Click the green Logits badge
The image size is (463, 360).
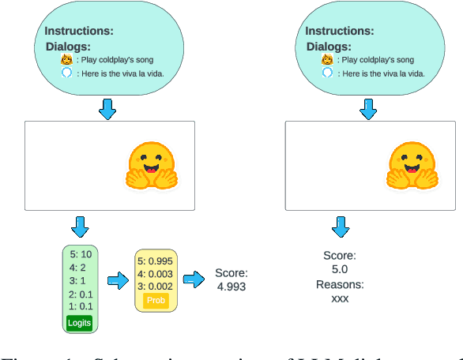point(80,321)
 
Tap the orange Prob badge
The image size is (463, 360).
point(157,301)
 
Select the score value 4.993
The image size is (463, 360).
point(231,287)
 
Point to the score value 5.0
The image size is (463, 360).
point(340,270)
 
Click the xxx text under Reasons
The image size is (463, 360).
point(340,299)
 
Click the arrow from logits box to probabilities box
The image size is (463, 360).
point(119,280)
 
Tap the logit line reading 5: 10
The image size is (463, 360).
point(80,254)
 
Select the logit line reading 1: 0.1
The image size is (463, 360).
point(80,306)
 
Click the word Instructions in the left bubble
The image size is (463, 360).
point(79,32)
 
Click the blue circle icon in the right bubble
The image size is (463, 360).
point(327,73)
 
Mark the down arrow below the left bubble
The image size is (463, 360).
point(107,109)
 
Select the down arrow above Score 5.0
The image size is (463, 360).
point(340,227)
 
